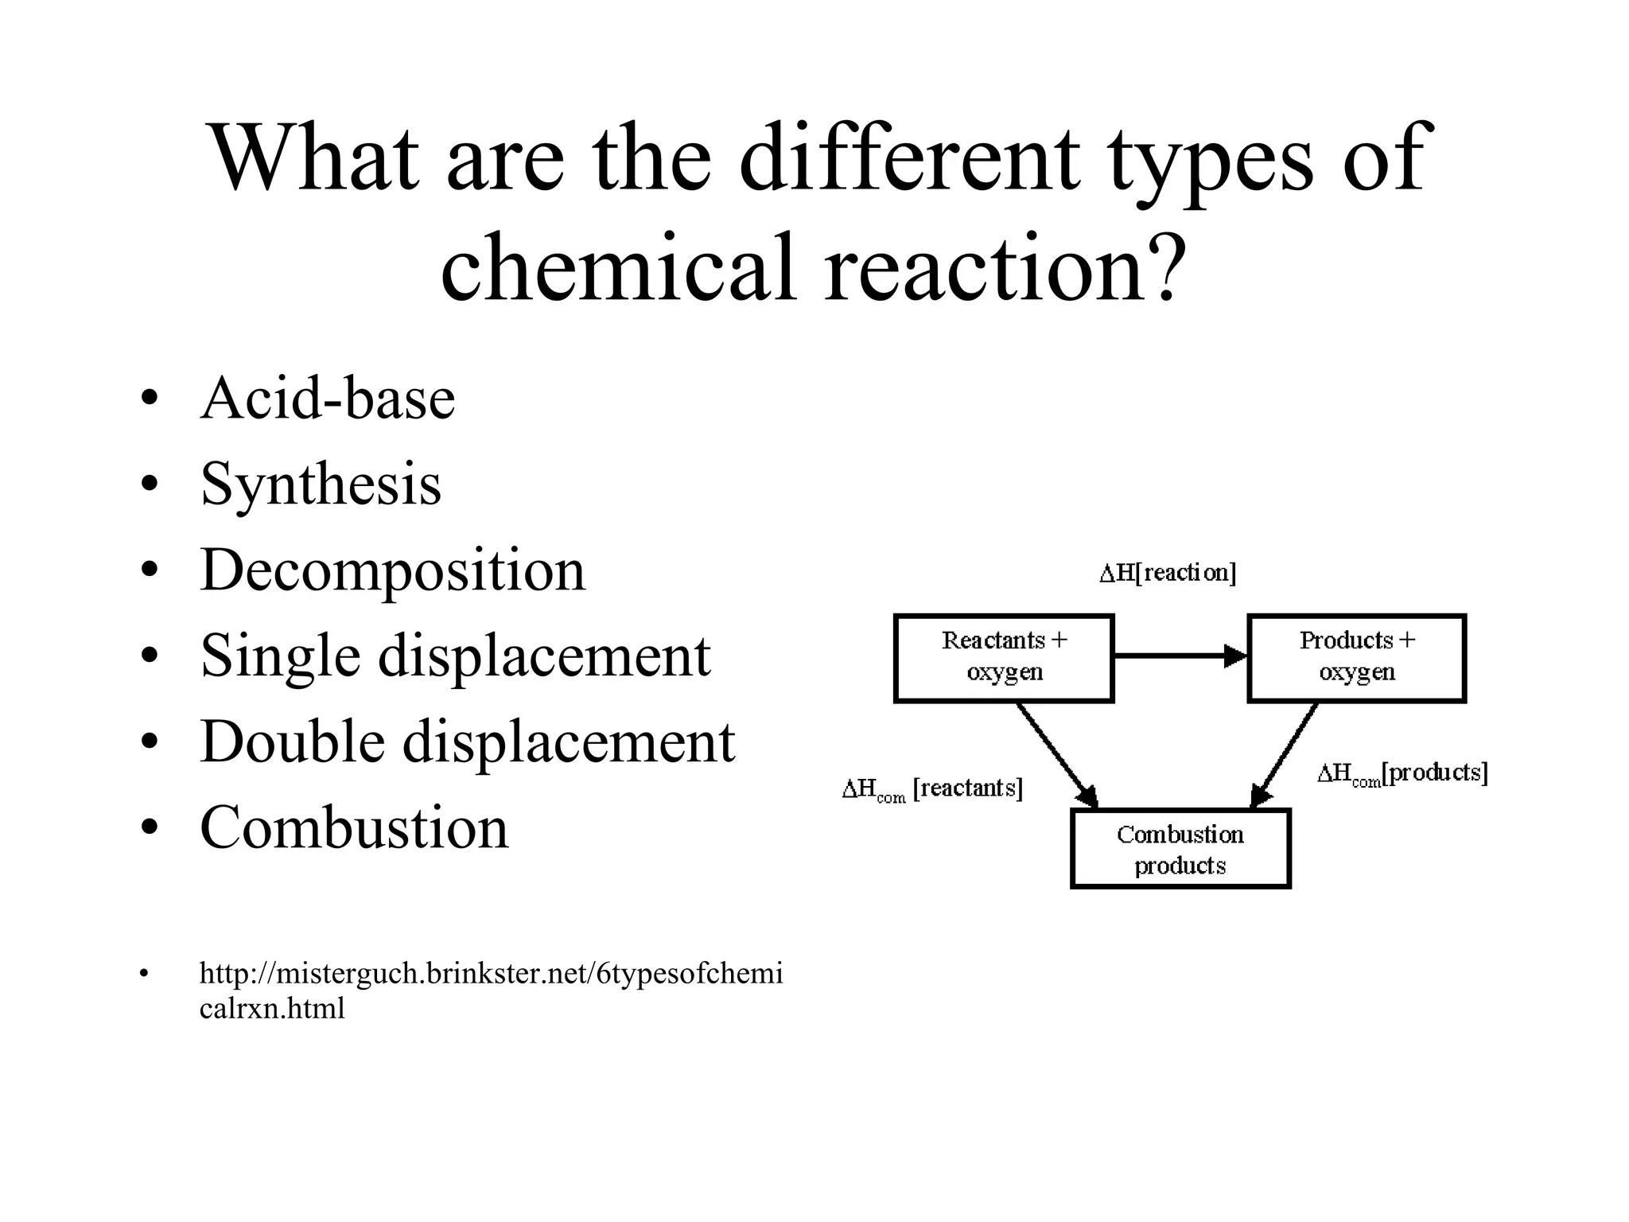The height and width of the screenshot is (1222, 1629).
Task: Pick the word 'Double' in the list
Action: [x=291, y=741]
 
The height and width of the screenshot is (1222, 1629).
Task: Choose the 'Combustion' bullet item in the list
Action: [x=354, y=827]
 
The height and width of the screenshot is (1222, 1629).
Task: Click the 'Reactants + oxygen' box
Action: [x=1004, y=658]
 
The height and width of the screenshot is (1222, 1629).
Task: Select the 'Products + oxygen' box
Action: [x=1356, y=658]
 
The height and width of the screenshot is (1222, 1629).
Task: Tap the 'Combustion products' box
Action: [x=1180, y=849]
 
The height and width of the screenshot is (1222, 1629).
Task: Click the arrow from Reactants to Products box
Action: [x=1180, y=656]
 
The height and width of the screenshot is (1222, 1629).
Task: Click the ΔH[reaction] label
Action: [x=1168, y=573]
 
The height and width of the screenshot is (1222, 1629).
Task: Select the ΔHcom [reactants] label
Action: [x=932, y=789]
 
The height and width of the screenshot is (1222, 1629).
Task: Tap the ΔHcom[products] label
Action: [x=1402, y=773]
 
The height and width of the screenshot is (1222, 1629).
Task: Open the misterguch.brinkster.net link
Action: [x=491, y=974]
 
